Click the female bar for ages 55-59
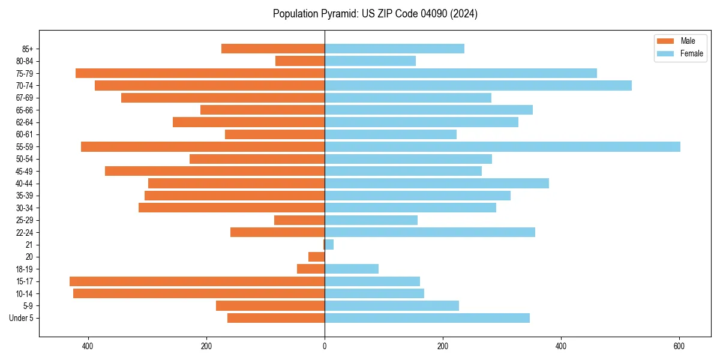click(x=502, y=147)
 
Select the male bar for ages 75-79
click(x=200, y=73)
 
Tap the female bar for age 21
click(x=329, y=245)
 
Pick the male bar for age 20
click(x=317, y=257)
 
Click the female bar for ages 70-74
click(x=478, y=86)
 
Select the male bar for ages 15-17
click(x=197, y=281)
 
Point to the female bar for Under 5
click(x=427, y=318)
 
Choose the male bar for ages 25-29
click(x=299, y=220)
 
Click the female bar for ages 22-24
click(x=430, y=232)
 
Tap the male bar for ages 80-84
click(x=300, y=61)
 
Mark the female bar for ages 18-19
click(x=352, y=269)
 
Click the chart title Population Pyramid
click(x=375, y=14)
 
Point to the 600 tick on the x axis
click(x=679, y=346)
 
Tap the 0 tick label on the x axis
click(x=325, y=346)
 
